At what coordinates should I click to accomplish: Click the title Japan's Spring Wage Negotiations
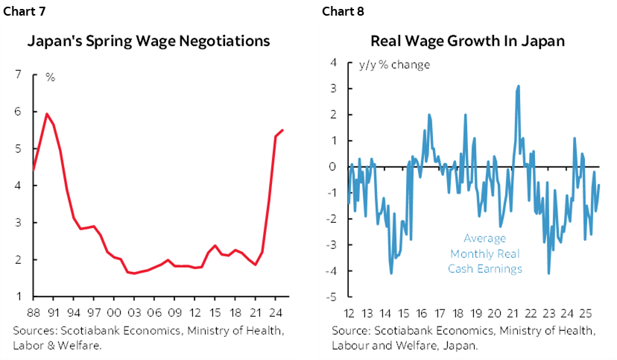pos(148,41)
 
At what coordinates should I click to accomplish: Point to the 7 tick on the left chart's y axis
pos(17,75)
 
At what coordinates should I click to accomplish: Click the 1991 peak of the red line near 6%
pos(47,114)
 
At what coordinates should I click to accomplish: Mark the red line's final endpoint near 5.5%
pos(282,130)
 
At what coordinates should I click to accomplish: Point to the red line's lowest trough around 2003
pos(134,274)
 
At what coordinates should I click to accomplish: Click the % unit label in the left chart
pos(50,78)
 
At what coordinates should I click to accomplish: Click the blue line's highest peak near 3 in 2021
pos(518,86)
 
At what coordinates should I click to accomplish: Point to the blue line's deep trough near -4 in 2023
pos(549,274)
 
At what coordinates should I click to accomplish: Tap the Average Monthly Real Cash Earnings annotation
pos(484,253)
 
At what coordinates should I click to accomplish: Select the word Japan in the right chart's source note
pos(460,345)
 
